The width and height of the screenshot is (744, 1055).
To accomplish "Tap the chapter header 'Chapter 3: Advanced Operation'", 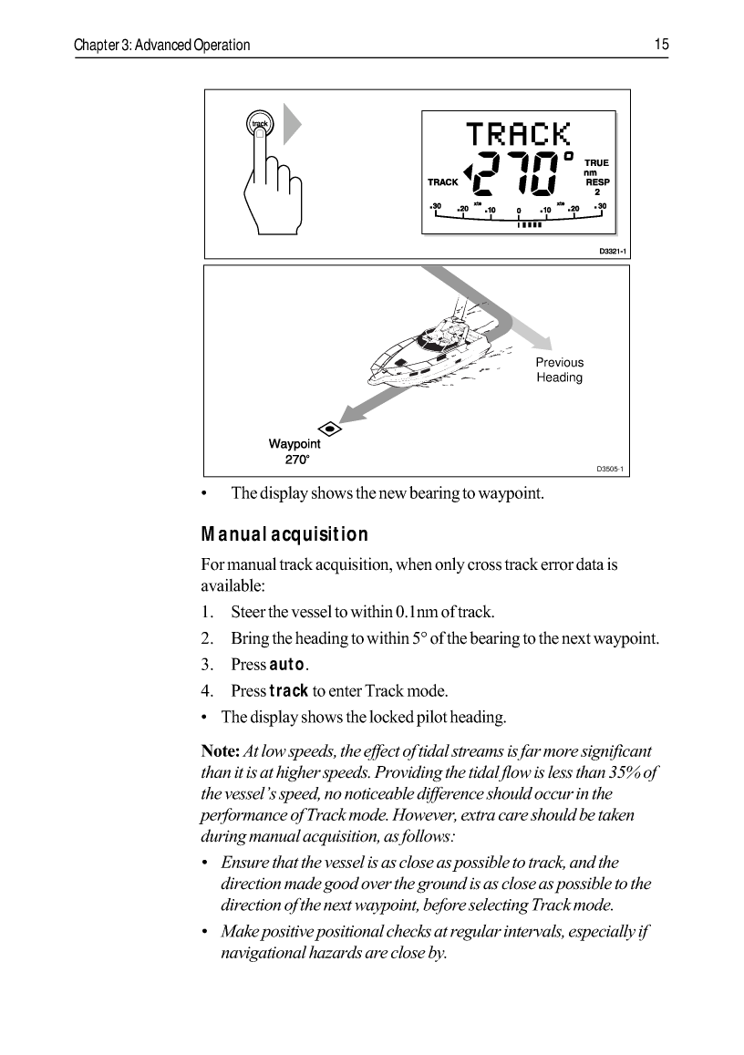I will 162,45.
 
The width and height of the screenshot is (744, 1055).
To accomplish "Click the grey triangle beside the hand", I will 292,124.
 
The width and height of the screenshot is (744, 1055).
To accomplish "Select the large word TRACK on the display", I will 518,135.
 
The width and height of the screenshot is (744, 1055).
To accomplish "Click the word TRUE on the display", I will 596,163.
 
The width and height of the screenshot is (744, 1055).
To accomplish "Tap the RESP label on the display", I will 596,181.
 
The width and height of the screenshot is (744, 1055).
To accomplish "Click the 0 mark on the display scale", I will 518,212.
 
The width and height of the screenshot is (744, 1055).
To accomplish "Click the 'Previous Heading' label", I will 559,370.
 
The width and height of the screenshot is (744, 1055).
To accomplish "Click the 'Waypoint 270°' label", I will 294,452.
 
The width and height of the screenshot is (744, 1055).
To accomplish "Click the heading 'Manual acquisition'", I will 284,534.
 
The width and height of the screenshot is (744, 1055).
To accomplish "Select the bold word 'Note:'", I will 220,751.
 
